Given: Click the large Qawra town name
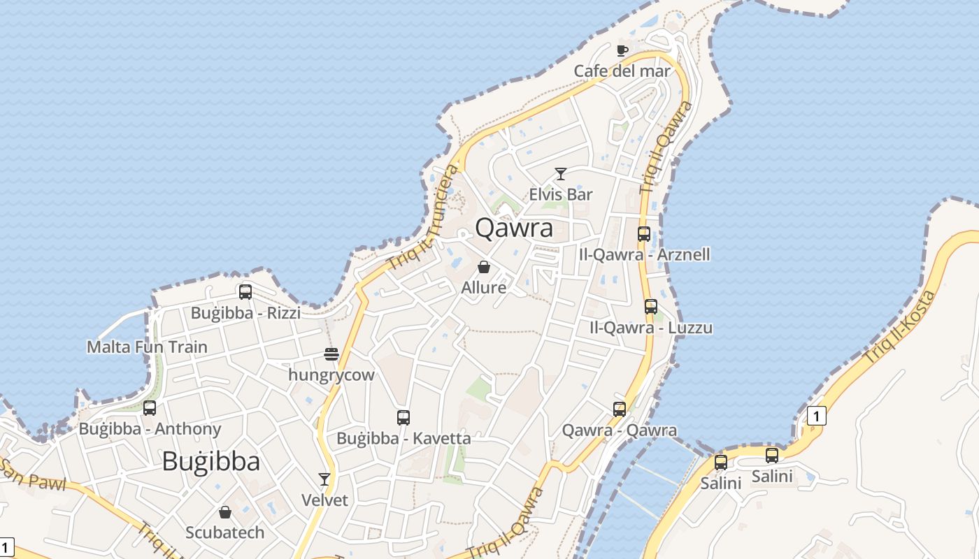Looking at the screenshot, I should pyautogui.click(x=514, y=228).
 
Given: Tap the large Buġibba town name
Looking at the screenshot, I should pyautogui.click(x=211, y=461).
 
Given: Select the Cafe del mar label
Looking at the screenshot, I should pyautogui.click(x=622, y=71).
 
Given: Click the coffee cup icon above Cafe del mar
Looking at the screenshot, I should pyautogui.click(x=622, y=50).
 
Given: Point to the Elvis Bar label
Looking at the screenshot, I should pyautogui.click(x=560, y=194).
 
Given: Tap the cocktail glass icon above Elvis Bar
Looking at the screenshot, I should pyautogui.click(x=560, y=174).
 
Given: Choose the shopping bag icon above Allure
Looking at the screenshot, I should pyautogui.click(x=483, y=267).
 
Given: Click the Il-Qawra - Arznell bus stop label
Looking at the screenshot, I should pyautogui.click(x=644, y=254).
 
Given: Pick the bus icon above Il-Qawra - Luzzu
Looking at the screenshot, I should pyautogui.click(x=651, y=306).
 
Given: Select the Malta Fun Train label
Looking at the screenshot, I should pyautogui.click(x=147, y=347).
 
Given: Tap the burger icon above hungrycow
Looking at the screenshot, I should pyautogui.click(x=331, y=354).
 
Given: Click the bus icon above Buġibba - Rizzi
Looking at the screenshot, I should pyautogui.click(x=245, y=292).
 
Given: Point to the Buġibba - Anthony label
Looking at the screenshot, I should pyautogui.click(x=150, y=428).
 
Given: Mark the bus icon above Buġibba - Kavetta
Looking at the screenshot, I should pyautogui.click(x=403, y=418).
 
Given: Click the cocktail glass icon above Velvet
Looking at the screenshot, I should pyautogui.click(x=324, y=479).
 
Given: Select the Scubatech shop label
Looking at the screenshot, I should pyautogui.click(x=225, y=532).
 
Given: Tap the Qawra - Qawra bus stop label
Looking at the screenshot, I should pyautogui.click(x=620, y=430).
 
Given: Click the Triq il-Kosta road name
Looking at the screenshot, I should pyautogui.click(x=899, y=326).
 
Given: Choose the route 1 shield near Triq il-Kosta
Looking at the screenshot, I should pyautogui.click(x=816, y=416).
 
